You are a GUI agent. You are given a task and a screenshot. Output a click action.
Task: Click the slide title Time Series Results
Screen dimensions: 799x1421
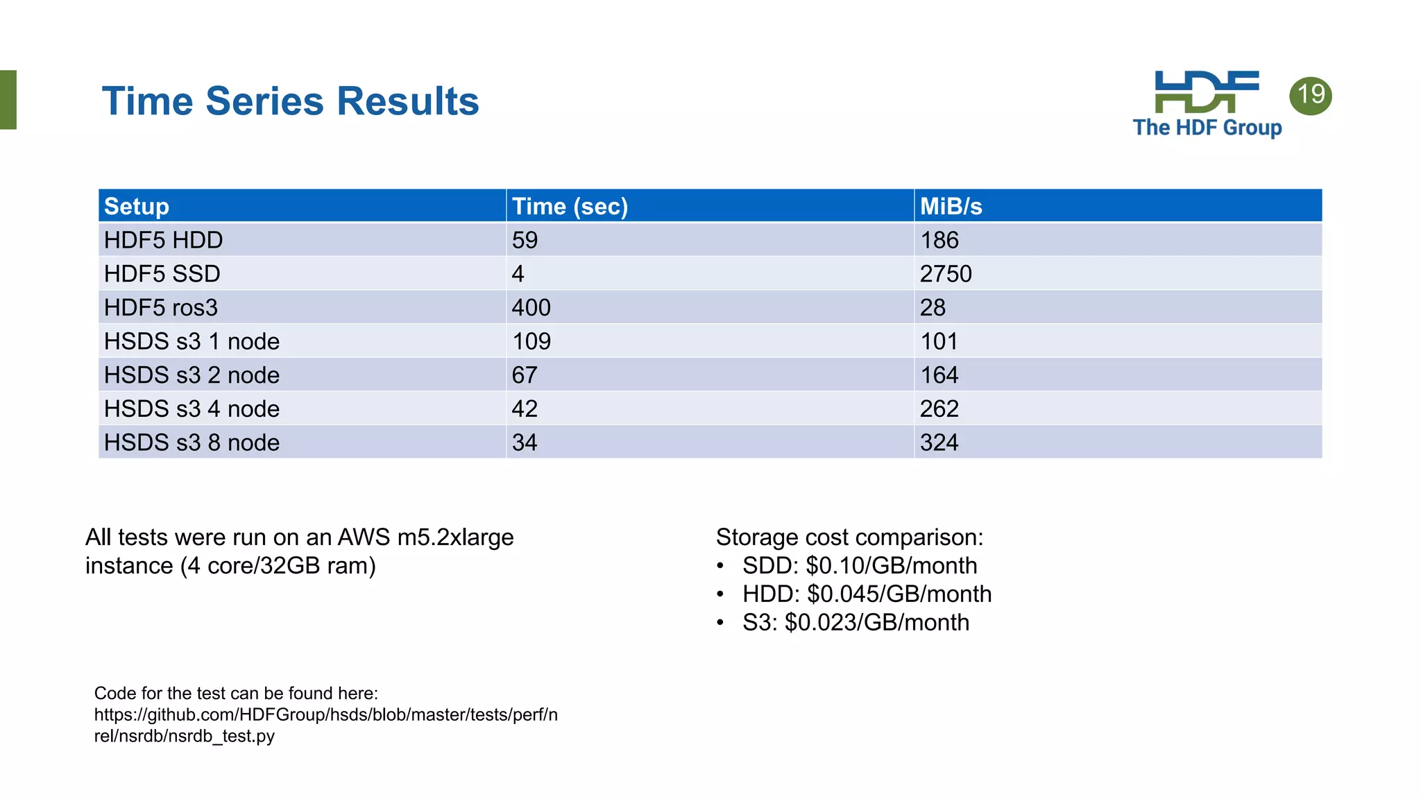(290, 101)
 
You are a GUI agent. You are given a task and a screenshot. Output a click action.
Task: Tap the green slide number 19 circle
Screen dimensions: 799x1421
(1310, 95)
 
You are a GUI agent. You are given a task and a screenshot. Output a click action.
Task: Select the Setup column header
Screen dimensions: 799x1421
(137, 206)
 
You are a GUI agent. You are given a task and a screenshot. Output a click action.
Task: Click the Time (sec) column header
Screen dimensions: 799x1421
(570, 206)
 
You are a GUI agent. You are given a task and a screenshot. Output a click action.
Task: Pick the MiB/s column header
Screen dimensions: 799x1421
(951, 206)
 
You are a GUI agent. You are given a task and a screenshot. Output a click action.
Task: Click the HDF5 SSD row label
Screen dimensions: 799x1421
(162, 274)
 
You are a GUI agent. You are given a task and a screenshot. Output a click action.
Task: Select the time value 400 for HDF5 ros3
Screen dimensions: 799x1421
(531, 307)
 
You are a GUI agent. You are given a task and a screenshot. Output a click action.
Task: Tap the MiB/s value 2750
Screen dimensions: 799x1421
(945, 274)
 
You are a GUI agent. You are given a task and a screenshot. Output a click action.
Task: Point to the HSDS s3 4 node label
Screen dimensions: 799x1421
(192, 409)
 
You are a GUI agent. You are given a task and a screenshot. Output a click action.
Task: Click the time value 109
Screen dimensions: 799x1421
(531, 341)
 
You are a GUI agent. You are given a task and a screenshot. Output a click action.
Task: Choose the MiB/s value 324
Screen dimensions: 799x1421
(939, 443)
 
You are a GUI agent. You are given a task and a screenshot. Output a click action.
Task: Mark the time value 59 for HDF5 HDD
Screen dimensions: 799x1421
(525, 240)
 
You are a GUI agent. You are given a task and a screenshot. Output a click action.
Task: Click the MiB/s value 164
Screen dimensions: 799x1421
(939, 375)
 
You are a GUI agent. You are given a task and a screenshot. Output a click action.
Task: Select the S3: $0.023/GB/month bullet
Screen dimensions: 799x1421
(855, 622)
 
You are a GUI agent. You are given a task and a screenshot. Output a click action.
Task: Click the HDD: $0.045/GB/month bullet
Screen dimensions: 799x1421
(866, 594)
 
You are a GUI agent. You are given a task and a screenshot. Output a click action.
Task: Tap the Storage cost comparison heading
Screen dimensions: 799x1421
(849, 538)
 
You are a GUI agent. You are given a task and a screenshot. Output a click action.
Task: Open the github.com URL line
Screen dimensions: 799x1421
(325, 714)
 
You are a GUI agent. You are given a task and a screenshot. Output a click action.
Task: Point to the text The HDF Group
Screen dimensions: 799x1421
(1207, 128)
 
